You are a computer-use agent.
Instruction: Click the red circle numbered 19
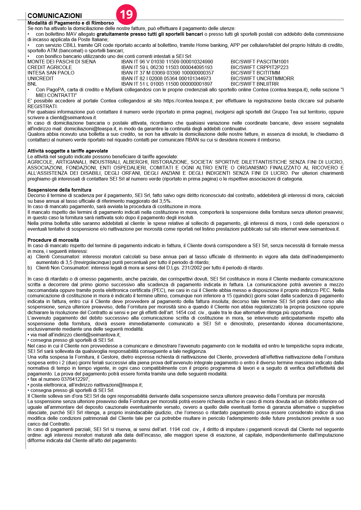[x=126, y=14]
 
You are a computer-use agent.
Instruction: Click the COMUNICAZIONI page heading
[x=55, y=16]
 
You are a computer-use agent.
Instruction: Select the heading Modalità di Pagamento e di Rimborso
[x=71, y=23]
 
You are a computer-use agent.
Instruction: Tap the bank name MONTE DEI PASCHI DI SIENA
[x=62, y=62]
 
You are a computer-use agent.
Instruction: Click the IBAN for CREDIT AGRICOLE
[x=167, y=67]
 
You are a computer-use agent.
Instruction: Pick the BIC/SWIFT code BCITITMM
[x=255, y=73]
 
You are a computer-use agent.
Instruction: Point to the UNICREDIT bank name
[x=41, y=78]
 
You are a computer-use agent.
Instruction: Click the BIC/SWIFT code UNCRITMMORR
[x=262, y=78]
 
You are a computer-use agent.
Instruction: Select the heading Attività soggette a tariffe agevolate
[x=68, y=151]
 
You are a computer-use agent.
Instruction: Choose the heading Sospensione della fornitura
[x=59, y=190]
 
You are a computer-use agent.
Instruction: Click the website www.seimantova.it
[x=319, y=229]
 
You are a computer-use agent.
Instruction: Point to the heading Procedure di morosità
[x=53, y=240]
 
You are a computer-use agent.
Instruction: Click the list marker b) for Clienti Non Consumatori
[x=29, y=268]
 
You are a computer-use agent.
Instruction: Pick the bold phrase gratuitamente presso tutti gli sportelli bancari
[x=150, y=34]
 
